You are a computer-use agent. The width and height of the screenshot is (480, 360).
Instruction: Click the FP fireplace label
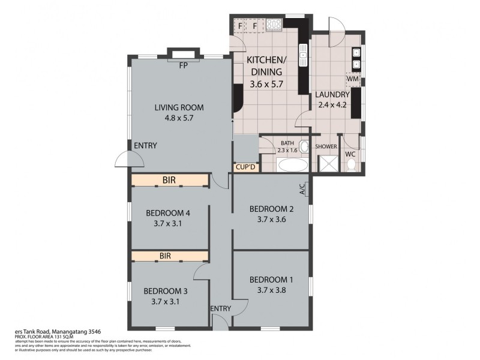click(182, 66)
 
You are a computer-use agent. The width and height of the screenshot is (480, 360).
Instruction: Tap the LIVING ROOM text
click(179, 108)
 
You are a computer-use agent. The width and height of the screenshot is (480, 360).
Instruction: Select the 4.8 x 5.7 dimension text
click(179, 118)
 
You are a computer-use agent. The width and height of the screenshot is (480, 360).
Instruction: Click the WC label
click(350, 154)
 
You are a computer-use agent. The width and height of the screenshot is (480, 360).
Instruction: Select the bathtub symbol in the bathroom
click(293, 165)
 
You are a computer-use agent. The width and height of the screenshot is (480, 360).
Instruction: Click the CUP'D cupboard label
click(246, 167)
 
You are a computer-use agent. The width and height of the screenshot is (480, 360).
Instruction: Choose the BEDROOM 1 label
click(271, 280)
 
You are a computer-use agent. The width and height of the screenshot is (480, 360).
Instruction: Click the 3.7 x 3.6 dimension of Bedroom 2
click(271, 219)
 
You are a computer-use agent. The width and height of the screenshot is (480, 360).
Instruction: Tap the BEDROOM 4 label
click(169, 212)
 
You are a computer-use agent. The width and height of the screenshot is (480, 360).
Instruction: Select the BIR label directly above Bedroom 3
click(166, 256)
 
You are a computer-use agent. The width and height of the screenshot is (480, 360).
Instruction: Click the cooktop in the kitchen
click(274, 25)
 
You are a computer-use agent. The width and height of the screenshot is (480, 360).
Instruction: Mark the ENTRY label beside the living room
click(145, 145)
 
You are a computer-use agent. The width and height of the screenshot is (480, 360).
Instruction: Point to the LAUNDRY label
click(332, 95)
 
